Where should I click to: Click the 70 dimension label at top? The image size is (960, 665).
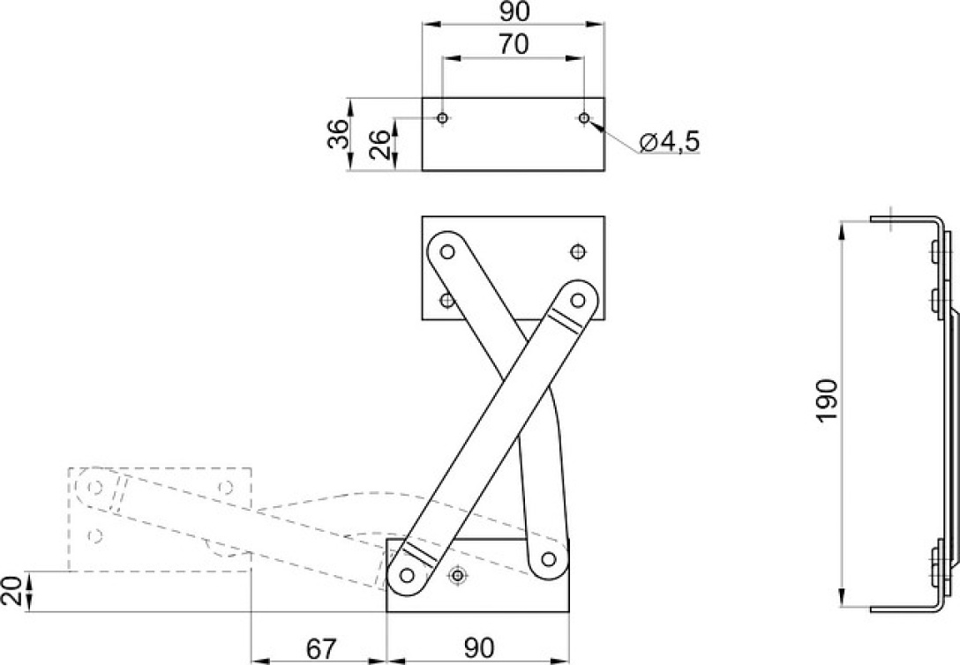click(514, 45)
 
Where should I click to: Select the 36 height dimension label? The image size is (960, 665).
click(337, 134)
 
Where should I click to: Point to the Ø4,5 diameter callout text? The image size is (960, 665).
click(669, 142)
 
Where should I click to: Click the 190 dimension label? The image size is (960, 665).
click(827, 400)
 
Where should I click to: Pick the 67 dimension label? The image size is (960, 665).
click(320, 648)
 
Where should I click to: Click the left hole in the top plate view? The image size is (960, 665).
click(443, 117)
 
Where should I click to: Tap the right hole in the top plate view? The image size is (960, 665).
click(585, 117)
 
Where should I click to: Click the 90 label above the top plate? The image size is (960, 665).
click(514, 11)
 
